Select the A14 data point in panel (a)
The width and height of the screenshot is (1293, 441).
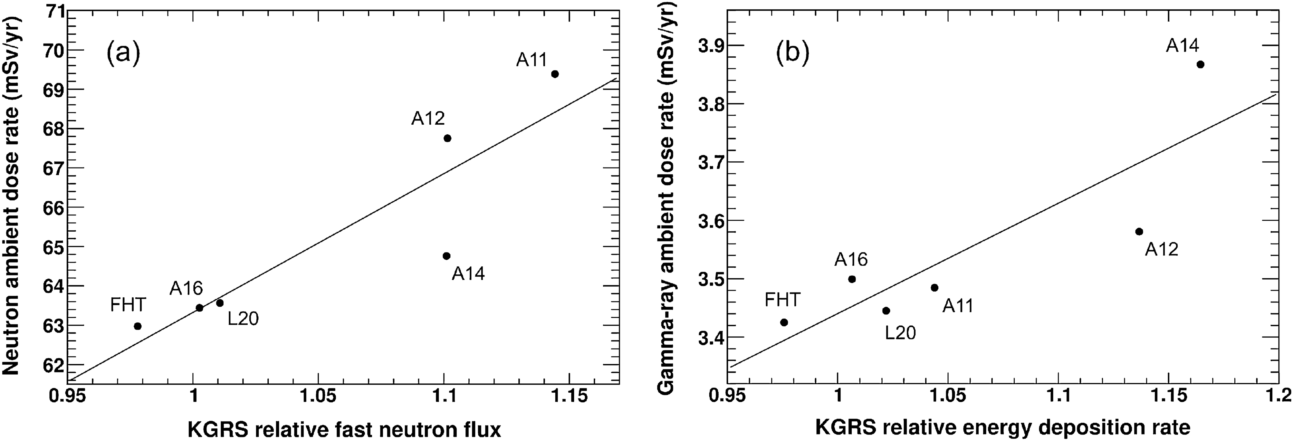(x=446, y=256)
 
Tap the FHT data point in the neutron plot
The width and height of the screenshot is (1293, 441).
(x=138, y=326)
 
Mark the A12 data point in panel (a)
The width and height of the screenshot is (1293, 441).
(x=447, y=139)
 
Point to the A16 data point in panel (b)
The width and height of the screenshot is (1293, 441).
(x=852, y=279)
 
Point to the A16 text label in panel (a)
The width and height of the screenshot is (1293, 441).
(x=186, y=289)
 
